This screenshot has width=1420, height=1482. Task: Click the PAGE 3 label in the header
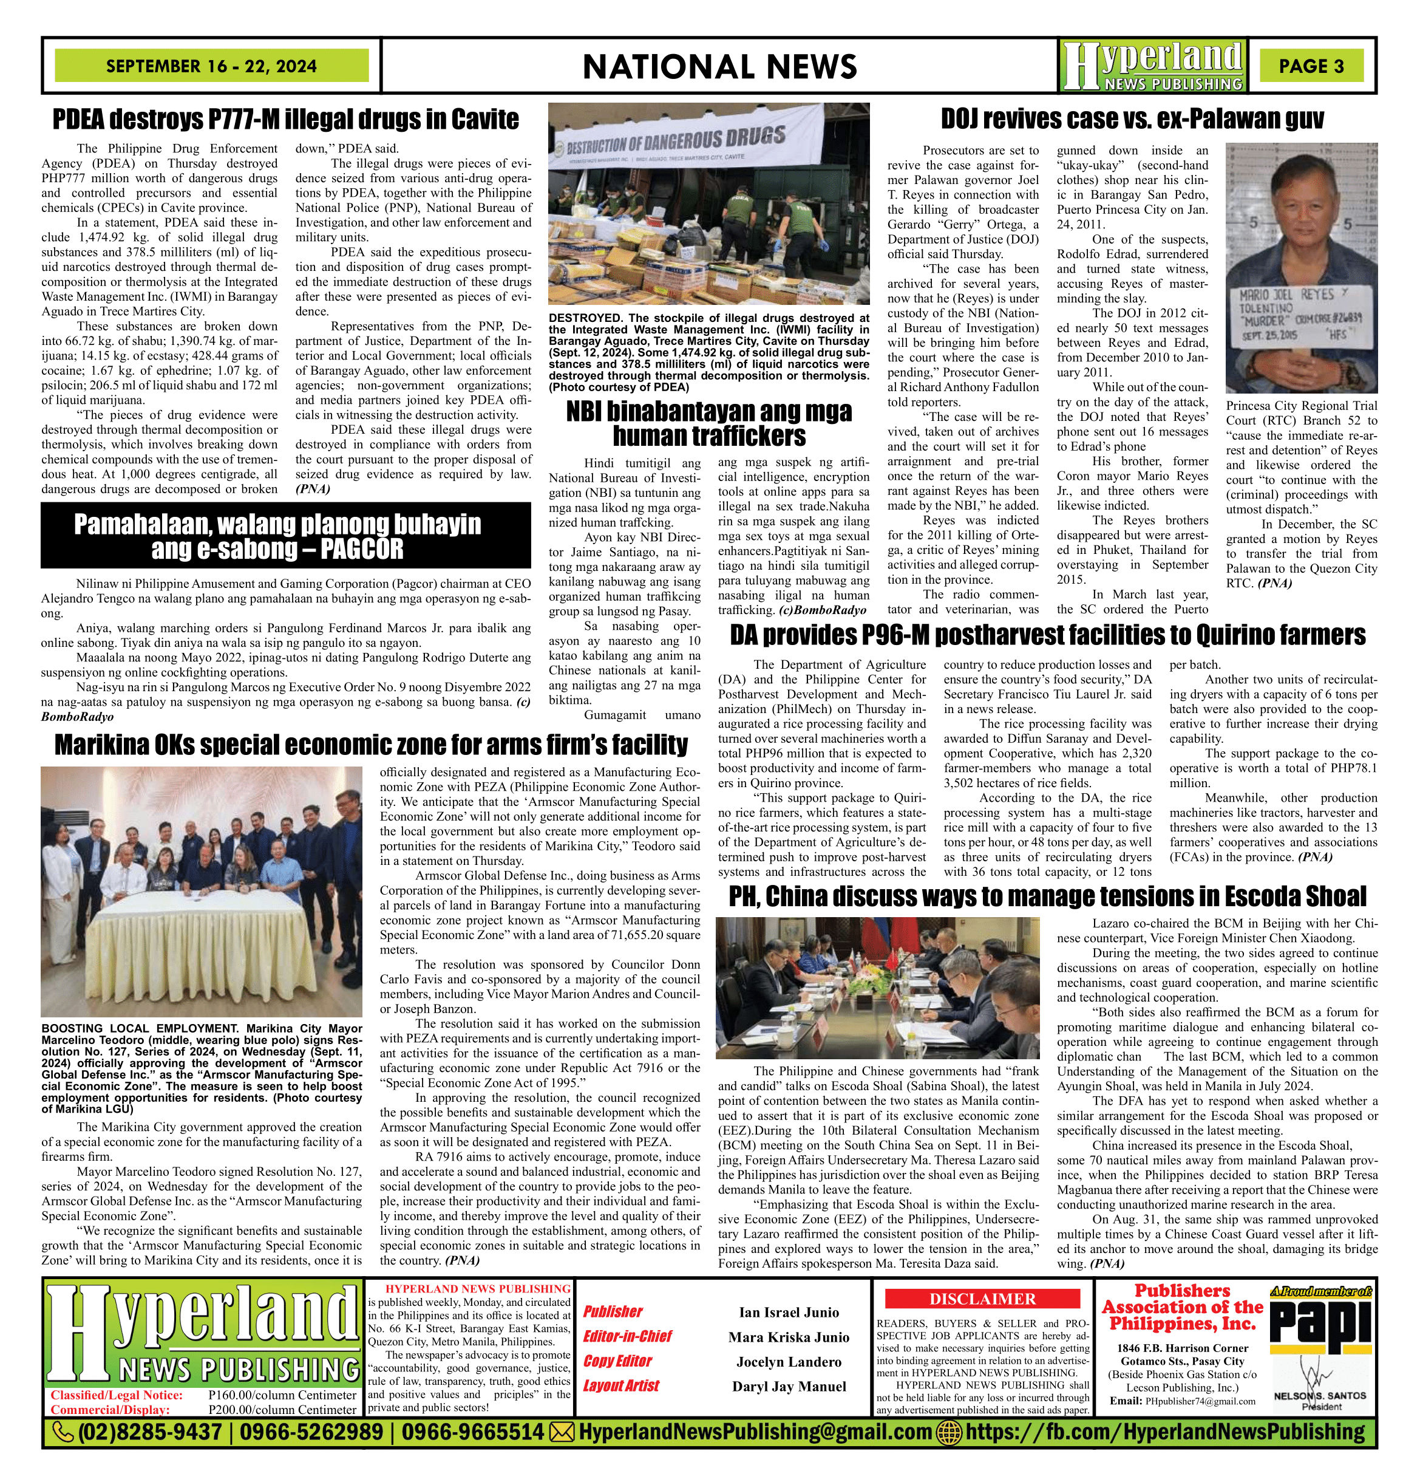(x=1311, y=66)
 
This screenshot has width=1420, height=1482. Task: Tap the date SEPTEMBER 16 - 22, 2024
(x=212, y=66)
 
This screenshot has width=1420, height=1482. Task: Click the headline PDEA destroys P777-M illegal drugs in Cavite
(x=286, y=120)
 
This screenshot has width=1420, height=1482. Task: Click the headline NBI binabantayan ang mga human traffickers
(x=709, y=423)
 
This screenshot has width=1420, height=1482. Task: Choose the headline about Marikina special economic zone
(x=371, y=745)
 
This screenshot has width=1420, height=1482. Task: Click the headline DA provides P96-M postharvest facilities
(x=1047, y=635)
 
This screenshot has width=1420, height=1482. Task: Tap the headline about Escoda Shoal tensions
(x=1047, y=896)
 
